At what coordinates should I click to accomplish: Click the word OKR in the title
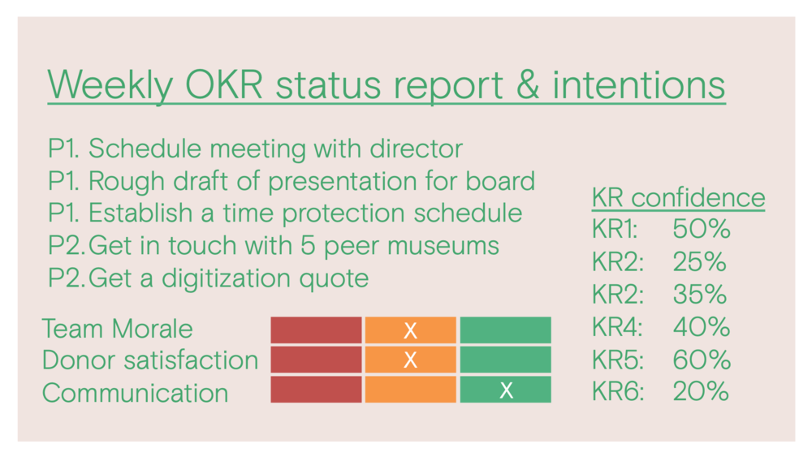click(x=224, y=84)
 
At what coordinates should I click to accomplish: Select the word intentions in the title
click(x=638, y=84)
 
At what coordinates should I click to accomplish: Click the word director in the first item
click(x=416, y=149)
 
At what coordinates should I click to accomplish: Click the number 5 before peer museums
click(x=308, y=245)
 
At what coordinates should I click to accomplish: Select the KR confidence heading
click(x=678, y=197)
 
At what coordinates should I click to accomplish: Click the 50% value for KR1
click(x=702, y=229)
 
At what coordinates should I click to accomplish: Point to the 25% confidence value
click(x=699, y=261)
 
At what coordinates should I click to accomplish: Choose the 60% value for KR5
click(x=702, y=359)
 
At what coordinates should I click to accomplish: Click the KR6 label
click(x=617, y=391)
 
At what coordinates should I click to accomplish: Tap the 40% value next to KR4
click(x=702, y=326)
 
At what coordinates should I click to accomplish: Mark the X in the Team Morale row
click(x=410, y=330)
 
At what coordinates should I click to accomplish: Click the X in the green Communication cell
click(x=506, y=390)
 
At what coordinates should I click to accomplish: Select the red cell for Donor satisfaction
click(x=316, y=360)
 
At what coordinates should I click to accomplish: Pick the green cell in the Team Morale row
click(x=505, y=330)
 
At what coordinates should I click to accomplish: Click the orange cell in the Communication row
click(x=411, y=389)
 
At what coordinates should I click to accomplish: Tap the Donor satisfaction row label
click(x=150, y=360)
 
